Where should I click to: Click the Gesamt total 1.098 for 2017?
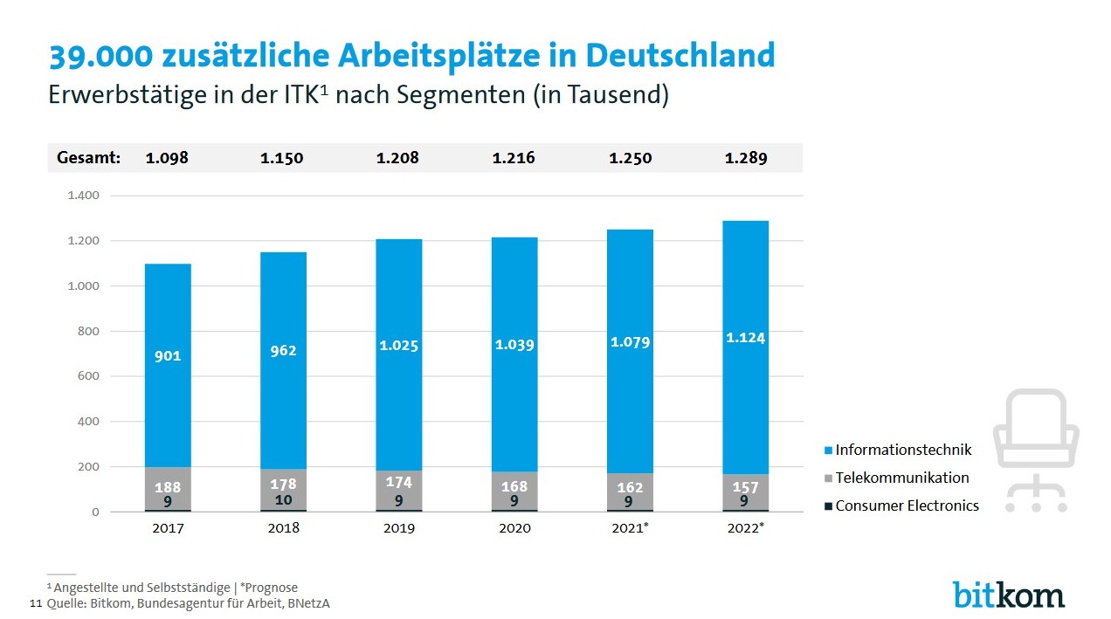tap(167, 158)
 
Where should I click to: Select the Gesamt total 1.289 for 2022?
tap(746, 158)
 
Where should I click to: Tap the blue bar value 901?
tap(168, 355)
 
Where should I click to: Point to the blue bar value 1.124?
tap(746, 338)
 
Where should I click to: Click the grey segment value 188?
tap(168, 487)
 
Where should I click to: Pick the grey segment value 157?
tap(746, 487)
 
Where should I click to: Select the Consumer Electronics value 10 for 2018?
tap(283, 500)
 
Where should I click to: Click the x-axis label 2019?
tap(398, 528)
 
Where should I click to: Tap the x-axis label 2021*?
tap(630, 528)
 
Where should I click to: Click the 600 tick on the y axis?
tap(89, 376)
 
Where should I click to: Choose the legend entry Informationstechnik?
tap(903, 450)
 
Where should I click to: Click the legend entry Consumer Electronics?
tap(907, 506)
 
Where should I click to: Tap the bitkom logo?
tap(1008, 594)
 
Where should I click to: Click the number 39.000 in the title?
tap(99, 56)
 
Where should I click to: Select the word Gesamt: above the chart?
tap(88, 158)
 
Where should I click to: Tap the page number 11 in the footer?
tap(36, 603)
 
